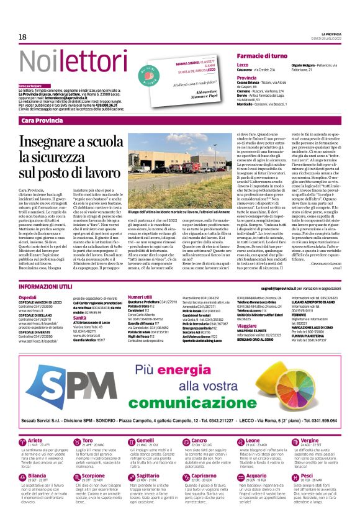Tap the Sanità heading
[x=81, y=317]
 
